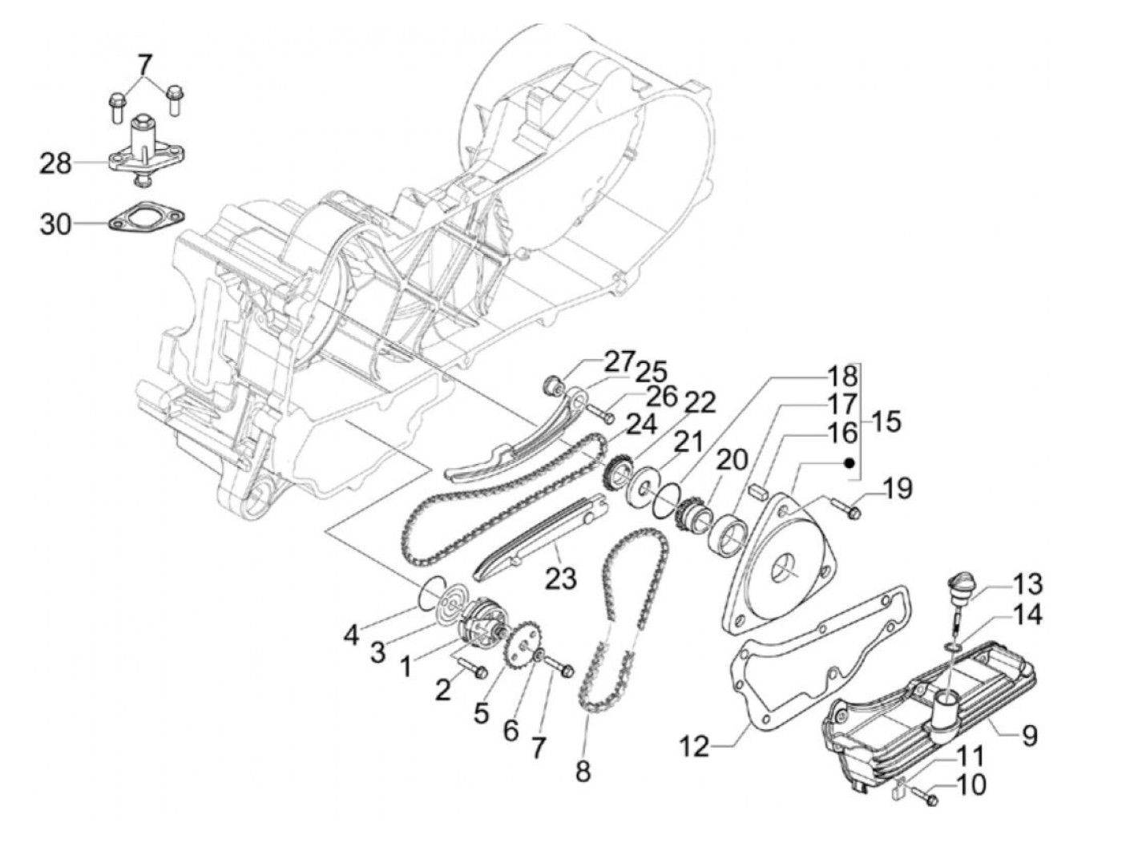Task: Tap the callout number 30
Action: point(56,224)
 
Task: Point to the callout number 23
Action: point(560,578)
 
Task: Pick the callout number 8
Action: point(583,771)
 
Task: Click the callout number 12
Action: point(695,747)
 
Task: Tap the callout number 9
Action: point(1029,734)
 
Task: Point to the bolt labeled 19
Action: point(845,506)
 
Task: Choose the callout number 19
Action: point(898,487)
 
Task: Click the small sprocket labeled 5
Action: point(519,655)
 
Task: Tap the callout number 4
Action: point(351,636)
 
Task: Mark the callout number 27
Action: point(620,361)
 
